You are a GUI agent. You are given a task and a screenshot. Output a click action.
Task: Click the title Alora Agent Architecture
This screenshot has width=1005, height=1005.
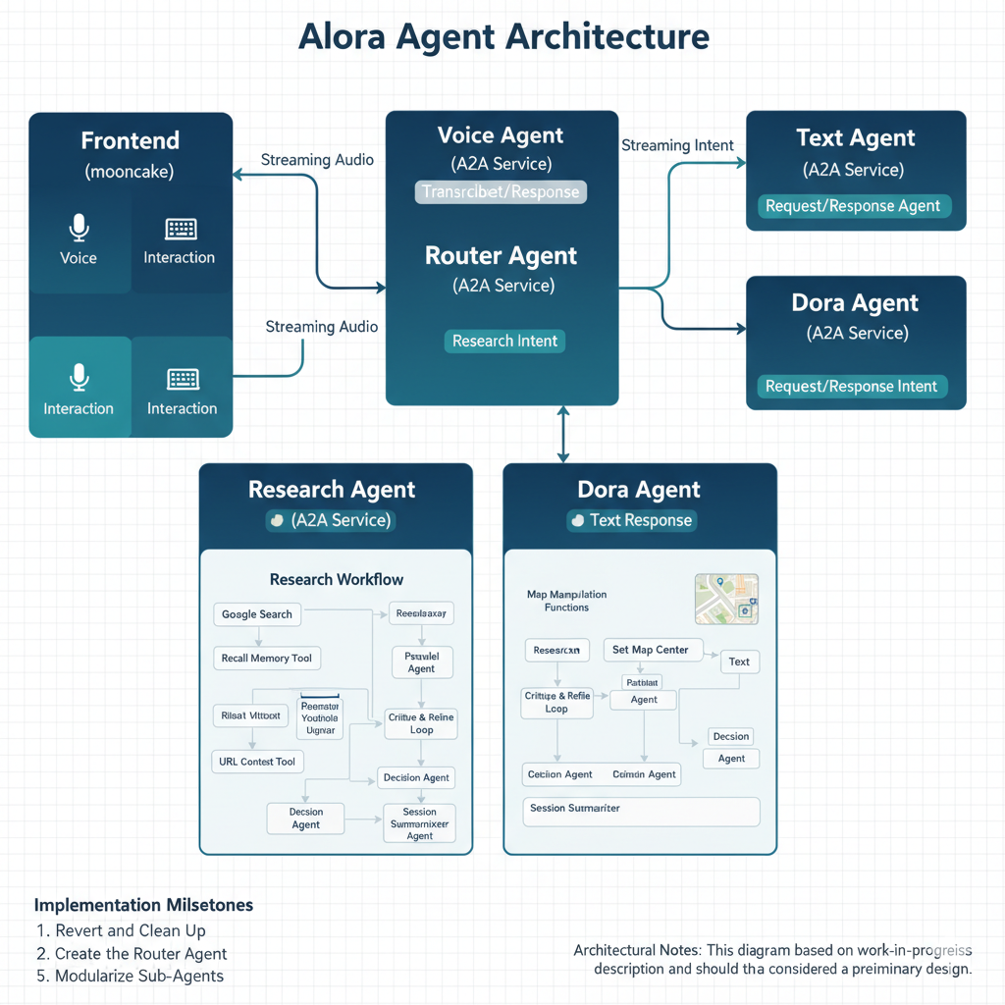point(502,37)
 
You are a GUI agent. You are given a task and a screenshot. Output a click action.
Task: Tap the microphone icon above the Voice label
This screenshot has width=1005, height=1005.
point(79,229)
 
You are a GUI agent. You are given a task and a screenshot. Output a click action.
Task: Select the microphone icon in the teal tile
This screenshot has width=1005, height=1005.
point(79,378)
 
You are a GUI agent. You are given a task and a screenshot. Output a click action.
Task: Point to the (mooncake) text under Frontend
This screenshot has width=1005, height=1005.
point(130,172)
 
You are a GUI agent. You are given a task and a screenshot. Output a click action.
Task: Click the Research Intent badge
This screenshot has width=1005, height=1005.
point(504,342)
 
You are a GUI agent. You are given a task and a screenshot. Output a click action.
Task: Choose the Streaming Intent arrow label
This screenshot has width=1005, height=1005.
point(677,145)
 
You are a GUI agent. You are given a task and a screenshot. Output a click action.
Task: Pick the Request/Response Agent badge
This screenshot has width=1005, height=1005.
point(853,206)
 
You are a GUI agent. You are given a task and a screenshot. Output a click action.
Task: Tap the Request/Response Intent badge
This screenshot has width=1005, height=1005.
point(851,387)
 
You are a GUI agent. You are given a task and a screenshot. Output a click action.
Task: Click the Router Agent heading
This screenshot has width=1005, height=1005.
point(502,256)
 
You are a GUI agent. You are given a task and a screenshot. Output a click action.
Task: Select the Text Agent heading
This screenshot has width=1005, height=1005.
point(856,138)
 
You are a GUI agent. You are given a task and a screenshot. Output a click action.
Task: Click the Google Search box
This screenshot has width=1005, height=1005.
point(257,614)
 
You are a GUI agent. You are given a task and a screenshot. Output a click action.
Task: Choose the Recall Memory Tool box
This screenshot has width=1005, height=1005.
point(267,659)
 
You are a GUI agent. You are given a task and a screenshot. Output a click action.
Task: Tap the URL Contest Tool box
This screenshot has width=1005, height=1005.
point(257,762)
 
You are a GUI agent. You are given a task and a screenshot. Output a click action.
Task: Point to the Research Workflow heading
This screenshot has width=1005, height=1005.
point(337,579)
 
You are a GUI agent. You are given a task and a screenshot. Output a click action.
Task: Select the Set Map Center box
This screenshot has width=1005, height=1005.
point(650,650)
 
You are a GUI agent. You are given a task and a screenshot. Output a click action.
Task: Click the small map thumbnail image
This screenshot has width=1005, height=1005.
point(726,599)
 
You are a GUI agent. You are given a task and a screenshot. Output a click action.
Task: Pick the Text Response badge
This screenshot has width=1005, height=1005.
point(632,520)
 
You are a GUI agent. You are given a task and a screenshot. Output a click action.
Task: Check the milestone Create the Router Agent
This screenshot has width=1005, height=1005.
point(140,953)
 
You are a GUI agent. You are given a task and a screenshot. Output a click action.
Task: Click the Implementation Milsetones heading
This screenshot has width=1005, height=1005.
point(143,905)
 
